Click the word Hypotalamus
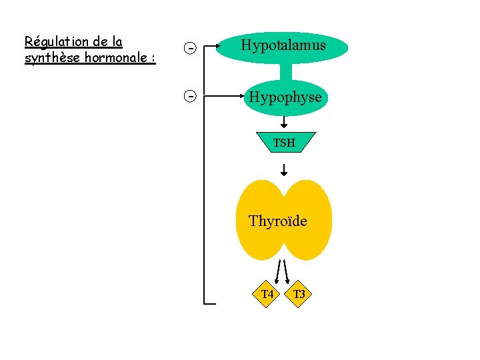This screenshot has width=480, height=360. (283, 46)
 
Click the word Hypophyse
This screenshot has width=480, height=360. (285, 97)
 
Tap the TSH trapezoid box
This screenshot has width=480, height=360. (283, 142)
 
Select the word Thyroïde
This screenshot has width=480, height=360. (277, 221)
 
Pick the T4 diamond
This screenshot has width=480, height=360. (267, 294)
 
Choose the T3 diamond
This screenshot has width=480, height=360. (299, 294)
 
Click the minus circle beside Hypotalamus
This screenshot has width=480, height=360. (190, 48)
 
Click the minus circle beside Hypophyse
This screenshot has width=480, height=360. (190, 97)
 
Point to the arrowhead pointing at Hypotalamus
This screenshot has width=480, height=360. (222, 47)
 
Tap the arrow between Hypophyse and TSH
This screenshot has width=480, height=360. (284, 122)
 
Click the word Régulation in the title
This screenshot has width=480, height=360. (55, 42)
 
